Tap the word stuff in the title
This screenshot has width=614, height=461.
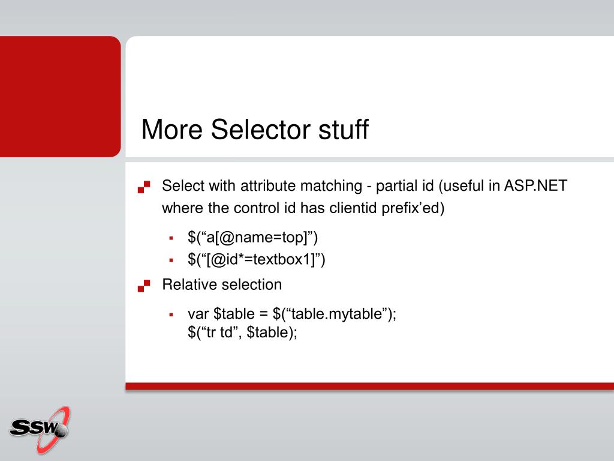344,129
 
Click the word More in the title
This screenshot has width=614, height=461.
172,129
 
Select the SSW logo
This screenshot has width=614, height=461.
40,429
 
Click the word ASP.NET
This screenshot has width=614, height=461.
535,186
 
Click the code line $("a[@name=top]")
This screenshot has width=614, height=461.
252,238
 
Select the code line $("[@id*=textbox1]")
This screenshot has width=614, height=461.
257,259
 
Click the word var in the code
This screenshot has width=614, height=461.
198,314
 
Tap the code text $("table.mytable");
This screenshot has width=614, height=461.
335,314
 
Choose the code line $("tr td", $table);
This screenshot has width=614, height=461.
242,333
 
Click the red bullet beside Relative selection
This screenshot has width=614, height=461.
144,286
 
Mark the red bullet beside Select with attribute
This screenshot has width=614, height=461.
144,187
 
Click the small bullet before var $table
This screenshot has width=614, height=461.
171,315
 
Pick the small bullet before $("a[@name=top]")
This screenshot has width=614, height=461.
171,238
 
